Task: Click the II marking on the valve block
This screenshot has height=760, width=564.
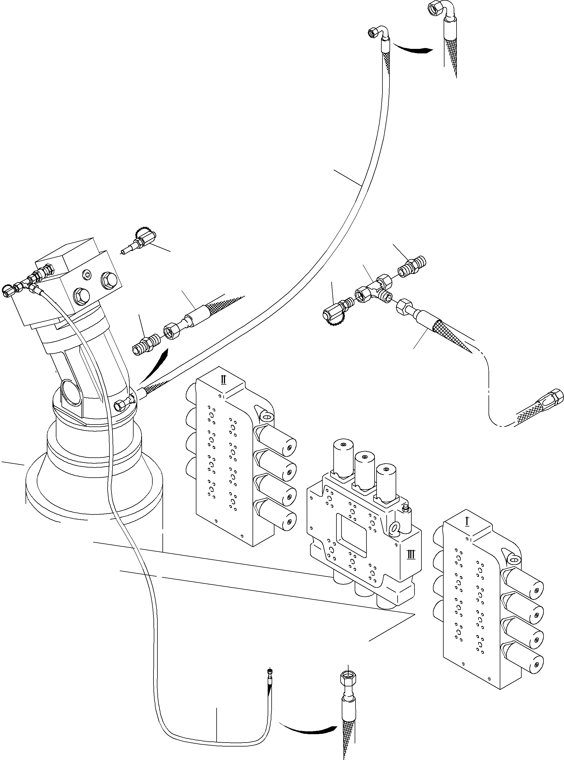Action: [x=223, y=380]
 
